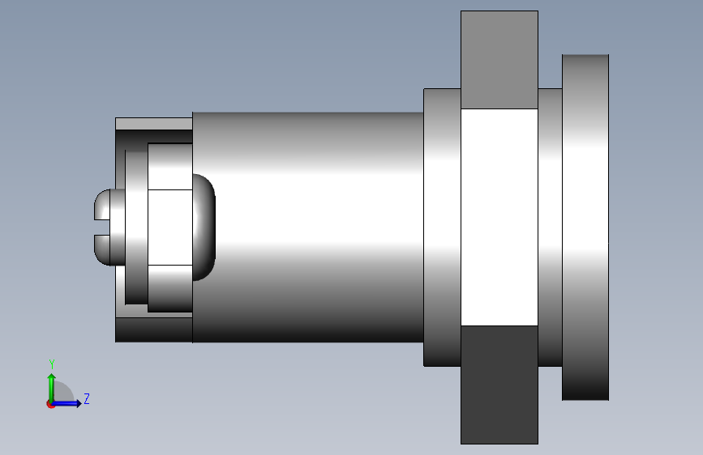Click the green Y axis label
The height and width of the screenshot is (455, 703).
52,364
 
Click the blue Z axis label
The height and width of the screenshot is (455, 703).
87,398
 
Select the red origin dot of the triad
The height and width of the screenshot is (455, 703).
49,404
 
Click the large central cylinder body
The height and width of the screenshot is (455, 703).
308,227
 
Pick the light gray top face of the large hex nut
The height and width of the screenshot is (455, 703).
499,60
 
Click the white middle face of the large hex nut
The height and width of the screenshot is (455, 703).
499,217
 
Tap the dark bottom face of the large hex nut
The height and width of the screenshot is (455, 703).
499,385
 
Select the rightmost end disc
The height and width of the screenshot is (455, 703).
585,227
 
